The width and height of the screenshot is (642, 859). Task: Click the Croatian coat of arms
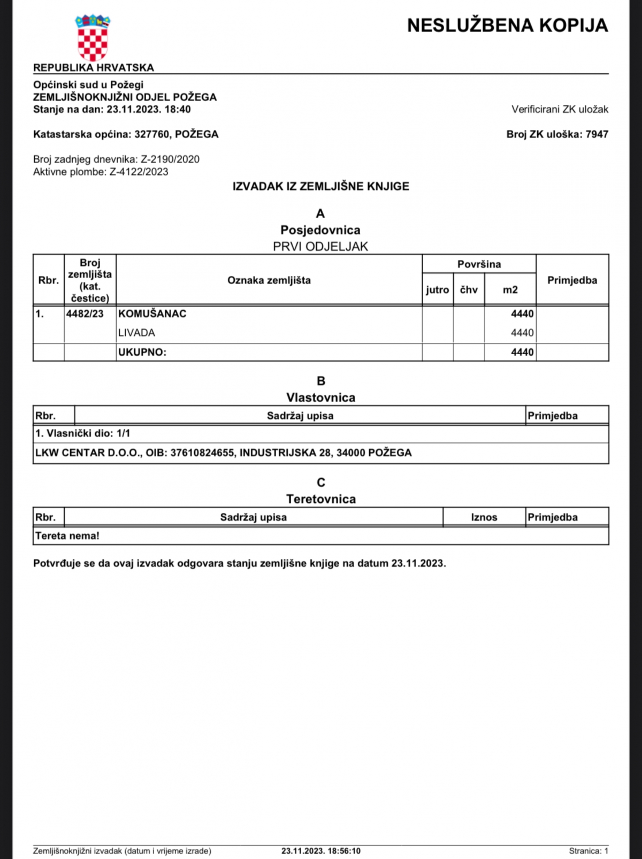[x=93, y=38]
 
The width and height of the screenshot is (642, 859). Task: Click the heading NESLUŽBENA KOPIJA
[x=507, y=25]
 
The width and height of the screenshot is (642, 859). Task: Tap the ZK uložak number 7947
[x=597, y=134]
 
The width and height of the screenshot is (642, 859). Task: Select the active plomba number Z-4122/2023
[x=139, y=172]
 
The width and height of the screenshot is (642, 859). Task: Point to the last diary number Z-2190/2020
[x=170, y=159]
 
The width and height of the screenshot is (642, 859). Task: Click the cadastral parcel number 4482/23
[x=85, y=314]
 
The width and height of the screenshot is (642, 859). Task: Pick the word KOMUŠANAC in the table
[x=152, y=314]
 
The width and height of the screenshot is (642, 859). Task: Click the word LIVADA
[x=136, y=333]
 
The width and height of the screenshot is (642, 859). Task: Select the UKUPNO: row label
[x=142, y=352]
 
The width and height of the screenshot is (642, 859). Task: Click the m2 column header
[x=510, y=290]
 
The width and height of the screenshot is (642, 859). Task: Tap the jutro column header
[x=437, y=290]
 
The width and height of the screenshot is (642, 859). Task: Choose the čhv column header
[x=469, y=290]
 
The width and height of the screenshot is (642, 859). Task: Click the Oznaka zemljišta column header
[x=269, y=280]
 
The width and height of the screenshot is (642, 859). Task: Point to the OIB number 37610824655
[x=202, y=453]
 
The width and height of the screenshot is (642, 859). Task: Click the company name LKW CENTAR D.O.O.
[x=87, y=453]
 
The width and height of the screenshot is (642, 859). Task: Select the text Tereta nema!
[x=67, y=536]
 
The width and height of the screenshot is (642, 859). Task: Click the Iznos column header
[x=484, y=517]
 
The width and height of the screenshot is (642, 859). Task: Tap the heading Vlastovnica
[x=320, y=397]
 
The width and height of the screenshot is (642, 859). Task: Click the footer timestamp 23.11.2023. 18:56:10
[x=321, y=851]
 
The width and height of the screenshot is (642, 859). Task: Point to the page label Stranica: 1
[x=588, y=851]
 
